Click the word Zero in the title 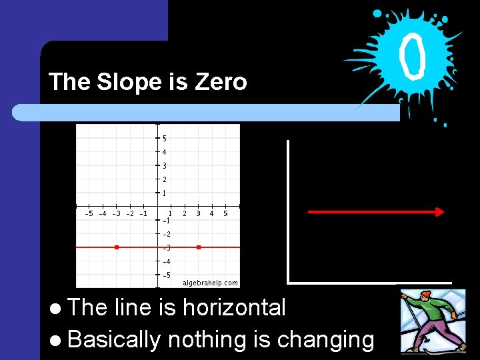221,82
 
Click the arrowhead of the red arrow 439,212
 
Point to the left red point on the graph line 117,247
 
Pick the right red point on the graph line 199,247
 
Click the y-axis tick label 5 164,139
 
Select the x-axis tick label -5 89,213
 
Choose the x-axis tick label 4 211,213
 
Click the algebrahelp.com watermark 210,283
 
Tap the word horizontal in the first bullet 233,307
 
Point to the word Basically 114,340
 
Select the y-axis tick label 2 164,179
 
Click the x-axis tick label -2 130,213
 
